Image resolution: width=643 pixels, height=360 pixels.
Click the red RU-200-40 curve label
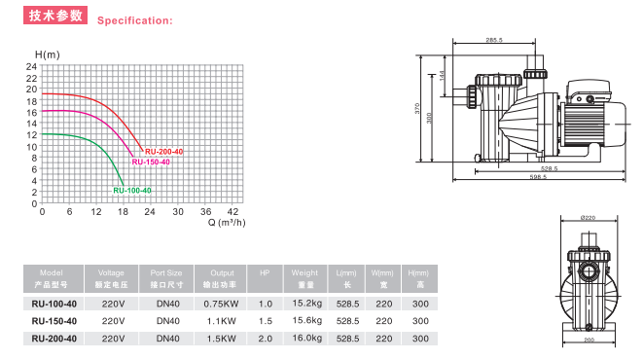[163, 152]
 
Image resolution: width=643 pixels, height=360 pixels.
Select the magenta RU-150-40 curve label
[151, 162]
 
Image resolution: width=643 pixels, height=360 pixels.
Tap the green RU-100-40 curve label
[132, 191]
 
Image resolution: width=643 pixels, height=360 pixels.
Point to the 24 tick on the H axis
[31, 66]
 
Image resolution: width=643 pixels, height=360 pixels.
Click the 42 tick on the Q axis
[232, 211]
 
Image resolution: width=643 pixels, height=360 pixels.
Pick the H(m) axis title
[48, 54]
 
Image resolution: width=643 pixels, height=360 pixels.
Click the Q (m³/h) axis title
[227, 223]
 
